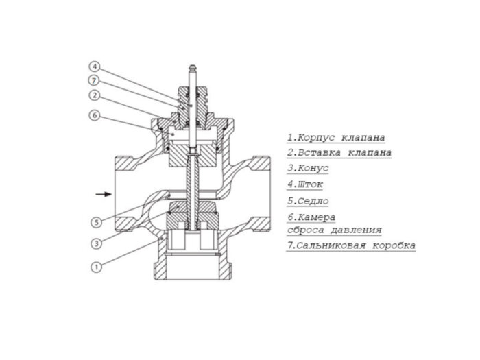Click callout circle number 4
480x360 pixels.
(95, 67)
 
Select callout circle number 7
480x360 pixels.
(95, 81)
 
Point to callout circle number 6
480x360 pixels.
(95, 115)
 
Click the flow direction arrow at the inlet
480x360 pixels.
(103, 194)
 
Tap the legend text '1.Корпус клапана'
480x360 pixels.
(335, 136)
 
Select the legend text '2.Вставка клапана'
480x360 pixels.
(339, 152)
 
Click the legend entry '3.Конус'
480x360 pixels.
(308, 168)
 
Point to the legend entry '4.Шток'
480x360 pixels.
(304, 184)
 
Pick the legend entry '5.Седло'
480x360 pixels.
(308, 201)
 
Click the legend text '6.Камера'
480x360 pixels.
(311, 217)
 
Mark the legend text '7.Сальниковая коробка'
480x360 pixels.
(350, 245)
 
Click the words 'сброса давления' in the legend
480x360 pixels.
(334, 230)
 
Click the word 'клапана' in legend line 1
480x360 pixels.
(361, 136)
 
